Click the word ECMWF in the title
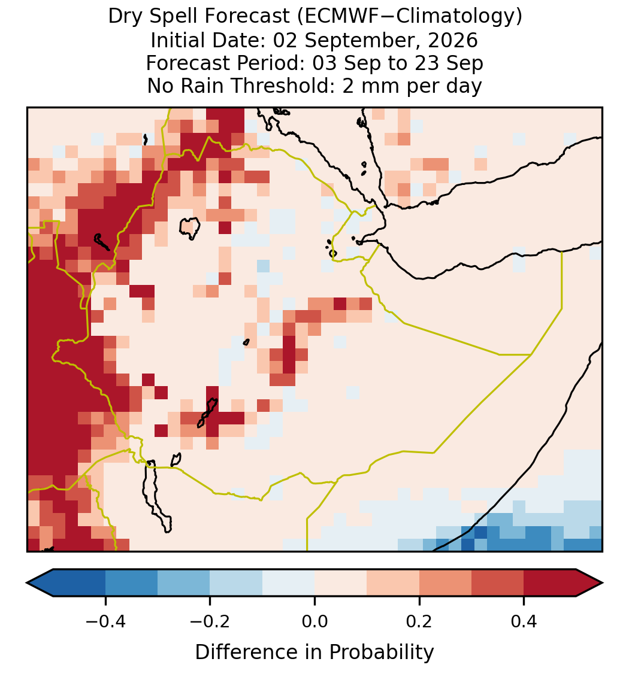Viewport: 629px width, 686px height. click(x=335, y=17)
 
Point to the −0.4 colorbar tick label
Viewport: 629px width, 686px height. click(x=105, y=621)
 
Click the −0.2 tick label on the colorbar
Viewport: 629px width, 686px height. click(x=210, y=621)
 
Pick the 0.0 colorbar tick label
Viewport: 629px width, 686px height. click(x=314, y=621)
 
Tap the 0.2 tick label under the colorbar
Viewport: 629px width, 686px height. click(x=419, y=621)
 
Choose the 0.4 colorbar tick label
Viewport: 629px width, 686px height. click(x=524, y=621)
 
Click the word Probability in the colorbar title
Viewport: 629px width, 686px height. click(x=381, y=652)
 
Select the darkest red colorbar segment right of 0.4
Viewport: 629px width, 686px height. click(x=550, y=583)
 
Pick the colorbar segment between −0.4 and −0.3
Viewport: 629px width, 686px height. click(x=131, y=583)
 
